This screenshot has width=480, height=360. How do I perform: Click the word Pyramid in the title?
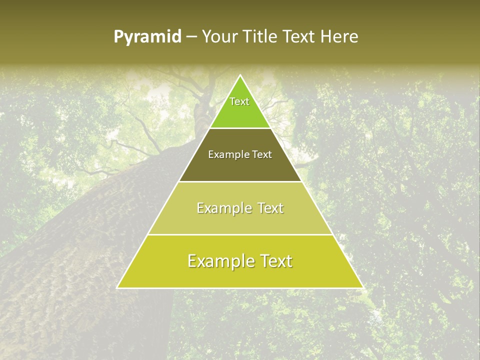(147, 37)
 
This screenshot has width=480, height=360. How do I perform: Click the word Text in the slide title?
(299, 36)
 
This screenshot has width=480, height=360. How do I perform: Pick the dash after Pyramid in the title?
(191, 37)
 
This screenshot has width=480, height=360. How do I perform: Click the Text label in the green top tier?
(239, 101)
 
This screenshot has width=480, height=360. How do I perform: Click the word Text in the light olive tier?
(268, 208)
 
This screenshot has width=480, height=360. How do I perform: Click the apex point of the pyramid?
(240, 75)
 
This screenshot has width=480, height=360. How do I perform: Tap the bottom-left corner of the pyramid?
(117, 287)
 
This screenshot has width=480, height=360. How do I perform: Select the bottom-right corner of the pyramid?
(362, 287)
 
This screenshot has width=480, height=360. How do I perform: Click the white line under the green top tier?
(240, 128)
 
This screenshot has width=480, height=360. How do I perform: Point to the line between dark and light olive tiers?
(240, 181)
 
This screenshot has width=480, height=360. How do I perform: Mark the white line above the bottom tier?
(240, 234)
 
